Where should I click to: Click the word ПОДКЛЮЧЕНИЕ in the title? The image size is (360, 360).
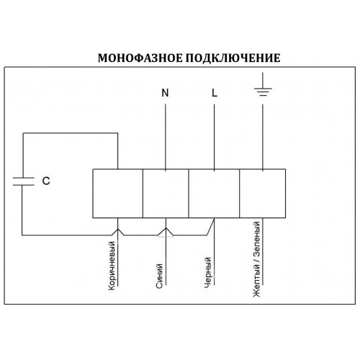point(233,58)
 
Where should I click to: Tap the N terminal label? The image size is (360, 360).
point(165,93)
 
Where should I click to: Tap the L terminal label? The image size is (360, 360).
point(215,93)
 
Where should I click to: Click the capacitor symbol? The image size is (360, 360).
point(24,181)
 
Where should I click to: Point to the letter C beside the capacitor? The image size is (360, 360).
point(46,181)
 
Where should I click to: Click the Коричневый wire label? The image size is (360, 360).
point(112,266)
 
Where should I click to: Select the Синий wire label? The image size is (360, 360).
point(159,276)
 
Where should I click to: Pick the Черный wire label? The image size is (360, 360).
point(208,272)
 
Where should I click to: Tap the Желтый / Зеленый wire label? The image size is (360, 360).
point(257,259)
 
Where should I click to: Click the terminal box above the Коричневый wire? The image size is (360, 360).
point(118,194)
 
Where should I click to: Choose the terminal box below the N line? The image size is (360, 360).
point(166,194)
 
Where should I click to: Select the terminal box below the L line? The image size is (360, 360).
point(214,194)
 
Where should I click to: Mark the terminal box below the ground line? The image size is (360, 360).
point(263,194)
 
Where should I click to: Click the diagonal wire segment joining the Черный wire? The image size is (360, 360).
point(210,227)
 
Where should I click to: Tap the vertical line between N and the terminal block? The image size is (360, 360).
point(166,138)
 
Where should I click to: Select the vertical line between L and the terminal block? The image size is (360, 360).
point(215,138)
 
